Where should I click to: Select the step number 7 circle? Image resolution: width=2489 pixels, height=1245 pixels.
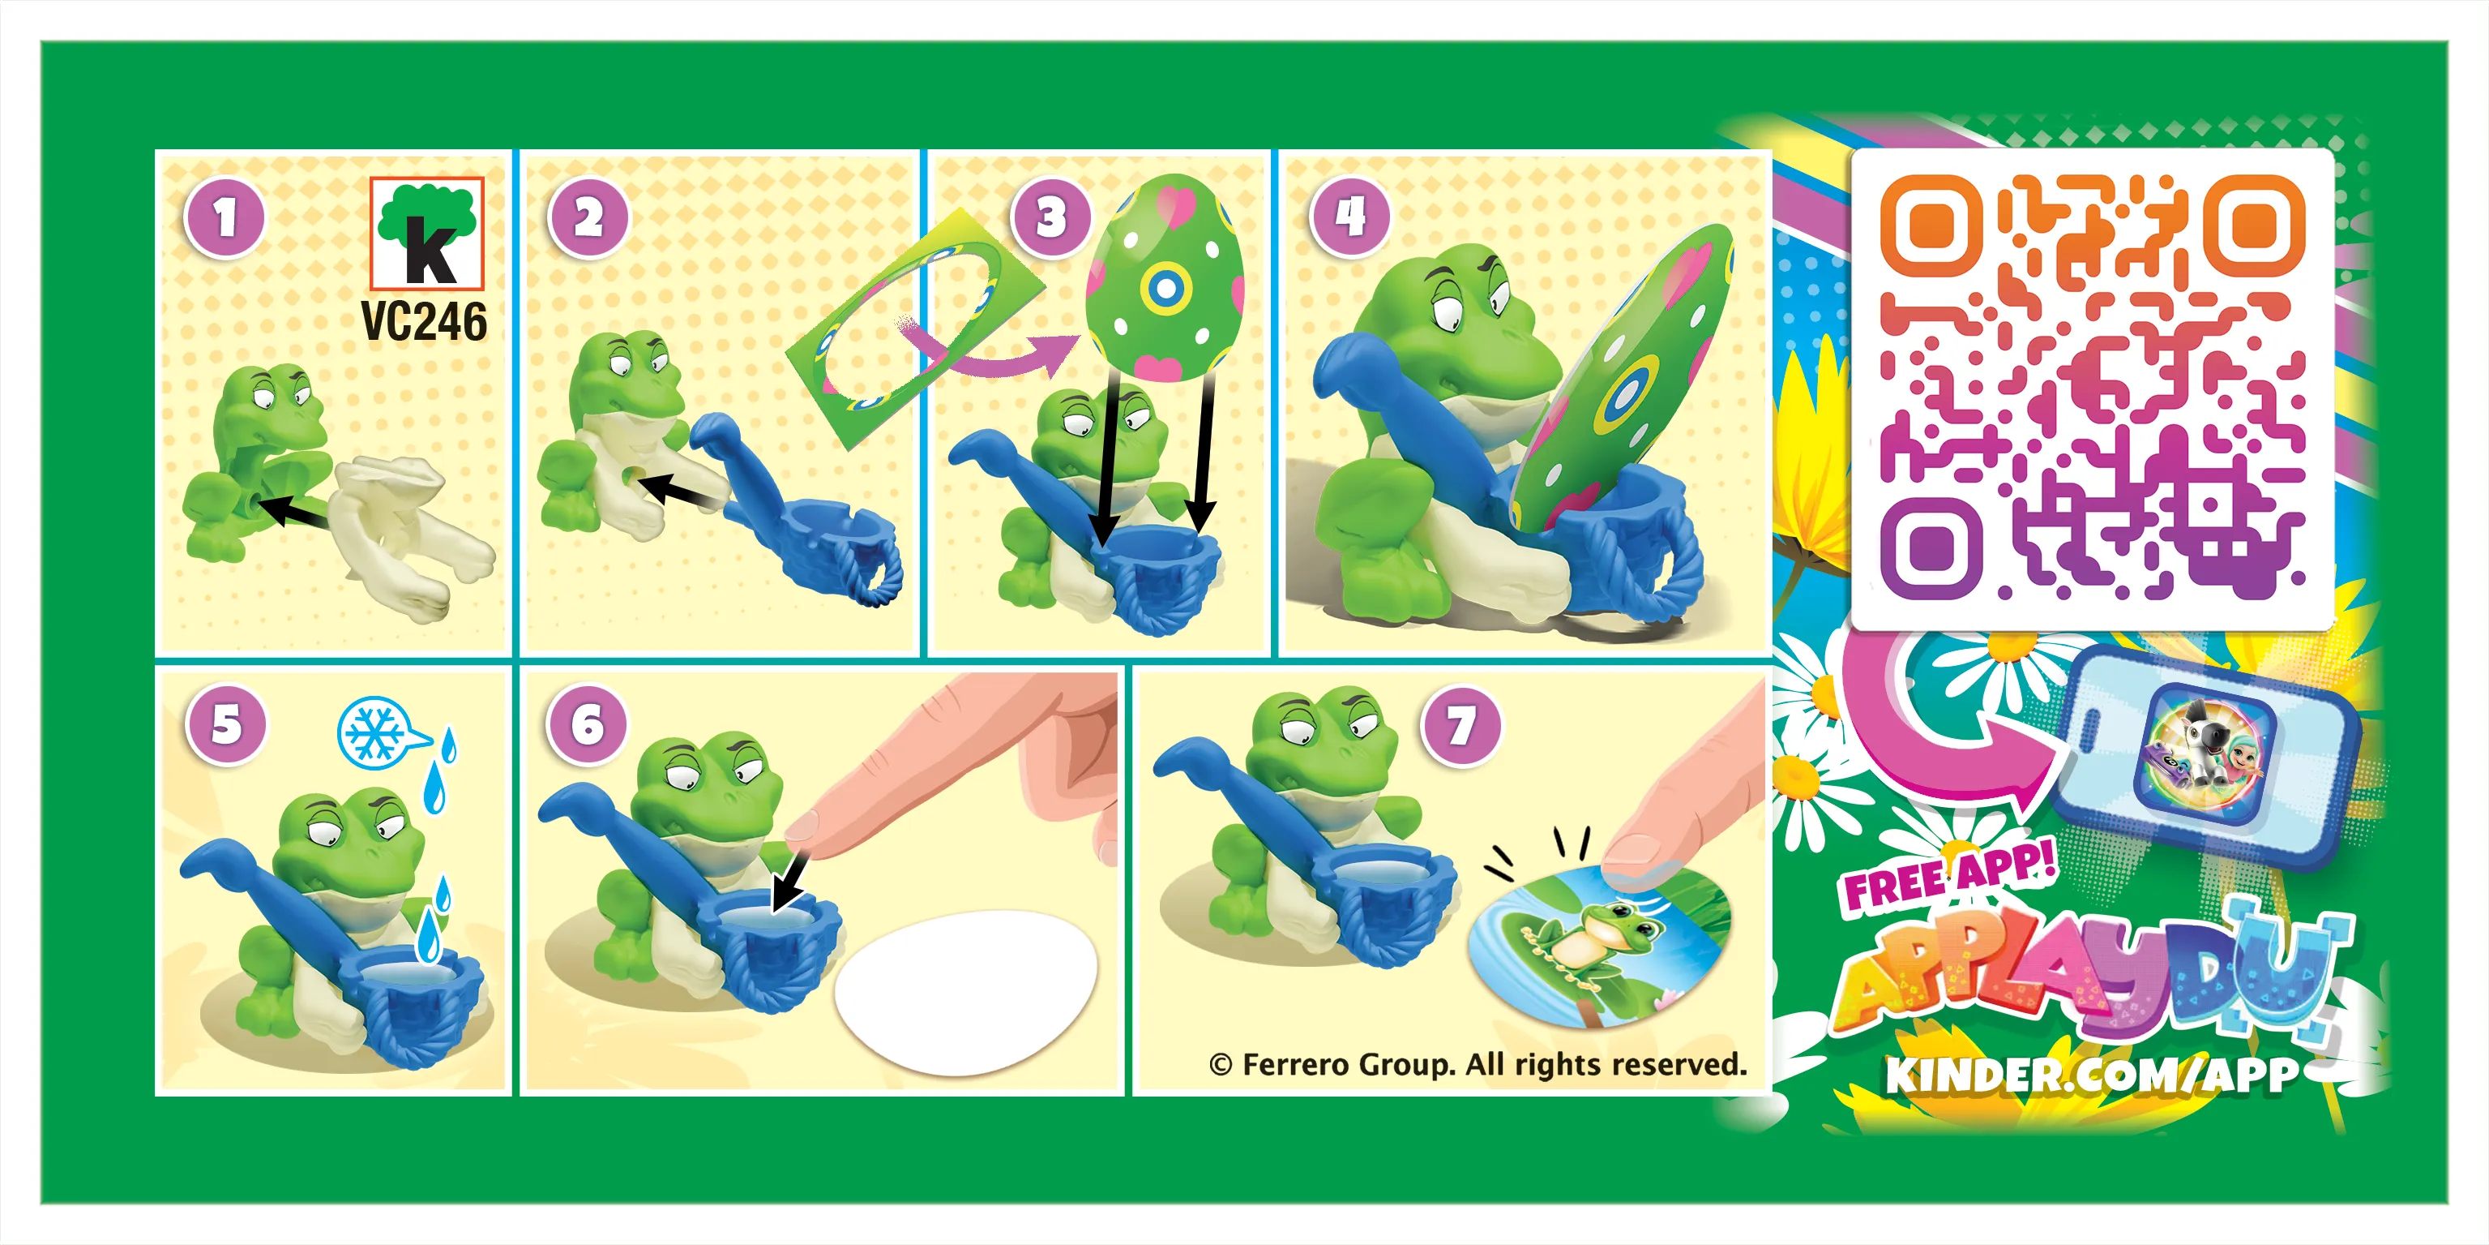(x=1461, y=726)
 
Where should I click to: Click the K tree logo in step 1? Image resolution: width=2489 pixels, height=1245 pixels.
(x=427, y=234)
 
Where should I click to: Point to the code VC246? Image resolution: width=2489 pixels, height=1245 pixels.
(x=424, y=322)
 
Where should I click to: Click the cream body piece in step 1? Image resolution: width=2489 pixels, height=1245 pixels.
(x=406, y=531)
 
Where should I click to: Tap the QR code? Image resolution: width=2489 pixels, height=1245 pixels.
(x=2092, y=387)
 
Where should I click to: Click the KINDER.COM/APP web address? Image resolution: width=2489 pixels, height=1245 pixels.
(x=2091, y=1074)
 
